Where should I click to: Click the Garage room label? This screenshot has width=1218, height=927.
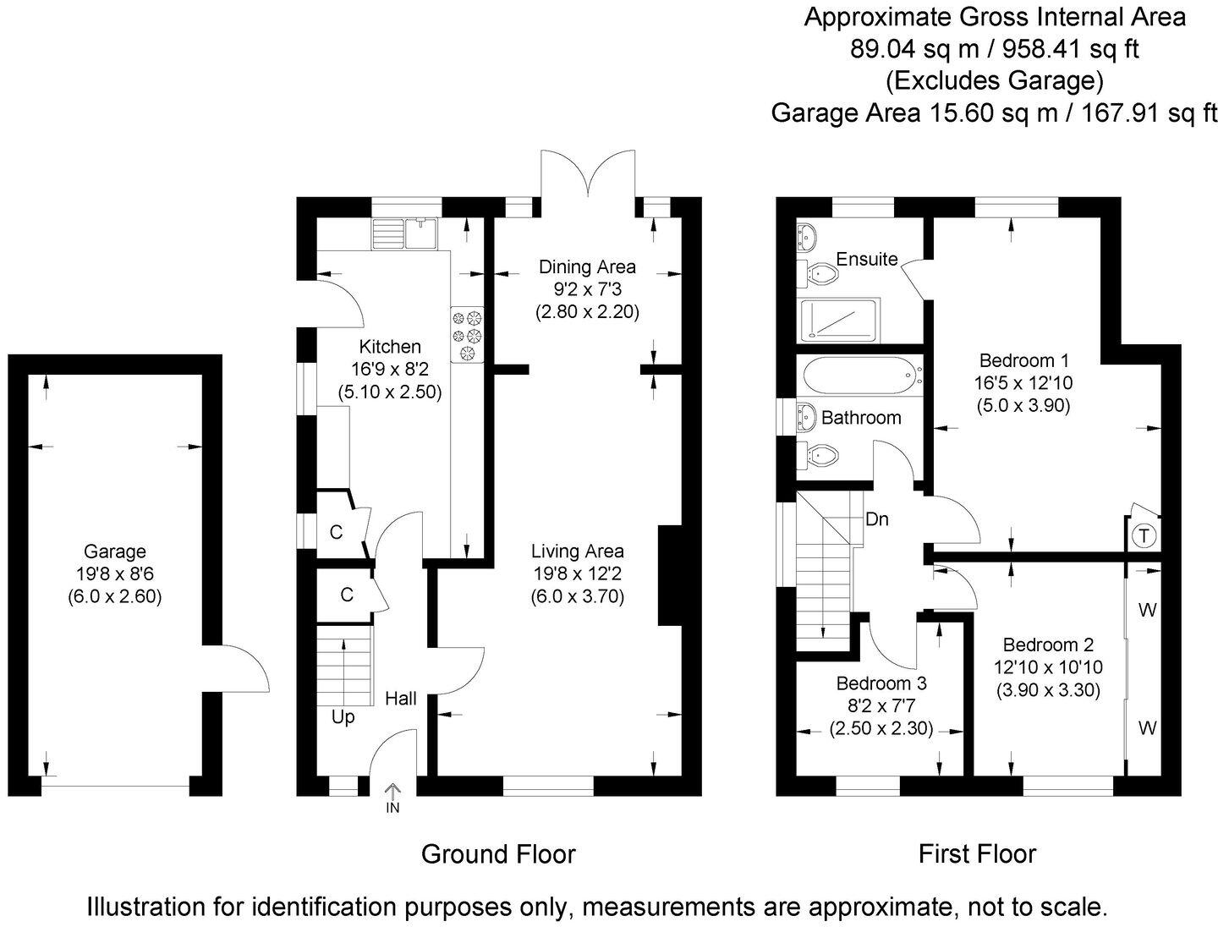114,552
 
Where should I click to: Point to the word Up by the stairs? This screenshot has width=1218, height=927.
343,717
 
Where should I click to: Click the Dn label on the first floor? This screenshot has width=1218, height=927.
877,518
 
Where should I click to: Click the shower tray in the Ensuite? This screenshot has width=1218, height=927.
839,321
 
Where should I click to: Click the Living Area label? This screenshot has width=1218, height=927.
577,551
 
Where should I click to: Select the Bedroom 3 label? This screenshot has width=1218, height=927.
881,683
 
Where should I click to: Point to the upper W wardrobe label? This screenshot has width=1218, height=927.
1147,610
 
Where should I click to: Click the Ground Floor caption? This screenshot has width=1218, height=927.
498,854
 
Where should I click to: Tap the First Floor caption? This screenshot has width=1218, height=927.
977,854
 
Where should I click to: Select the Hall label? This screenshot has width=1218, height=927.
401,699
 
